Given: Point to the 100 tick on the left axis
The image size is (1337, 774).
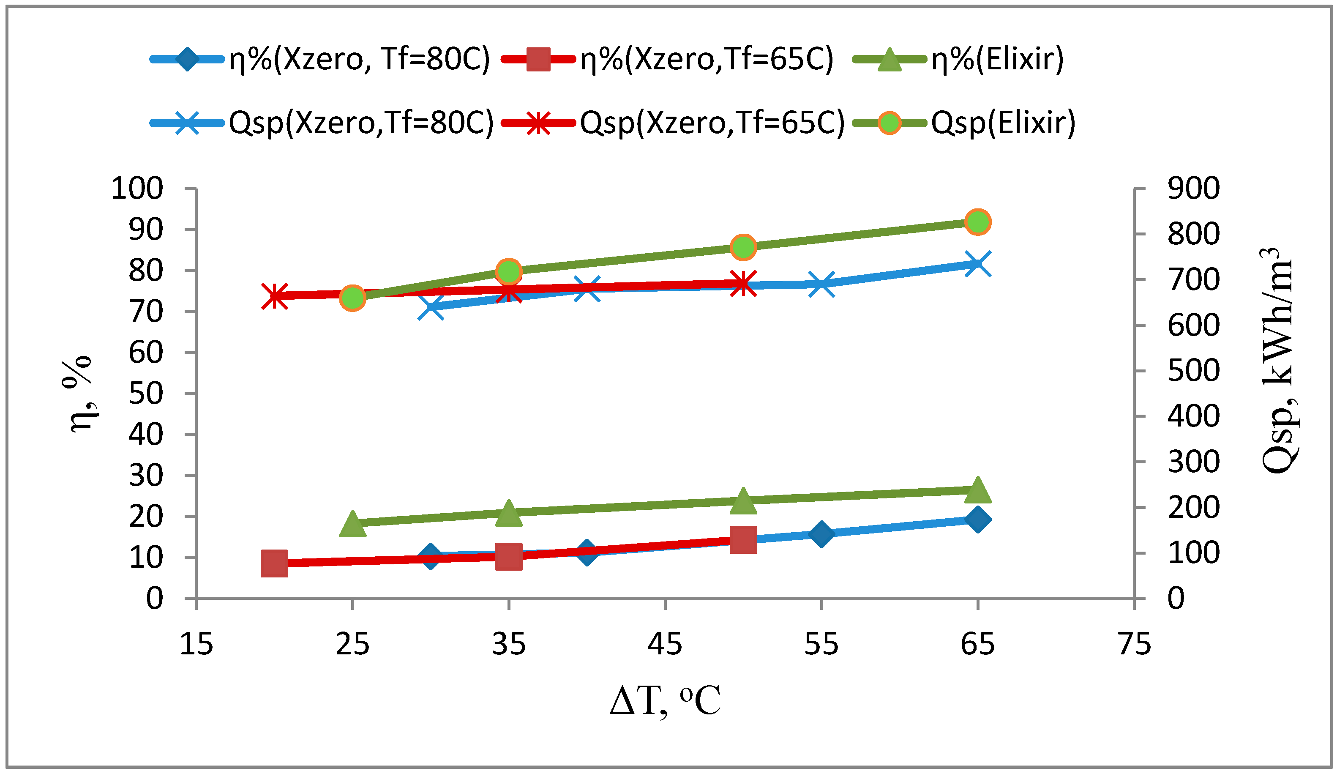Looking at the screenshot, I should tap(136, 189).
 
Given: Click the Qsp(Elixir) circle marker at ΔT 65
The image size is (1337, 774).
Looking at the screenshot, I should tap(977, 222).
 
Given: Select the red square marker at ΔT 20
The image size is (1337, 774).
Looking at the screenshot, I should tap(274, 563).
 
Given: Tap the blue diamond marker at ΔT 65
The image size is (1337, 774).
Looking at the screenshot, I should tap(977, 519).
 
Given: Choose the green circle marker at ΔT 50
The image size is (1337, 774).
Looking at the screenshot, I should tap(742, 247).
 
